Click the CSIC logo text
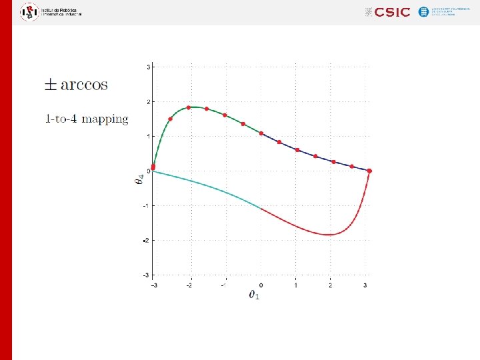392,12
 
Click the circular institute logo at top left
29,11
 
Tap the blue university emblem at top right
423,12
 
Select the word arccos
84,85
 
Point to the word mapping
106,120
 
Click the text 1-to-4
63,119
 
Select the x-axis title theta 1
254,294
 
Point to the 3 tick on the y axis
149,67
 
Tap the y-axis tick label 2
149,101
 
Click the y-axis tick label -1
147,205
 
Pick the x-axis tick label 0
261,285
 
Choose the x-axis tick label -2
191,285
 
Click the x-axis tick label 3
365,285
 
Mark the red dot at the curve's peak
189,107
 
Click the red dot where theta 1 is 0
261,133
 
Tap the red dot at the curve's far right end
369,171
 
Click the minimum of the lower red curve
329,234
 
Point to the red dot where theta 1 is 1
297,150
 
